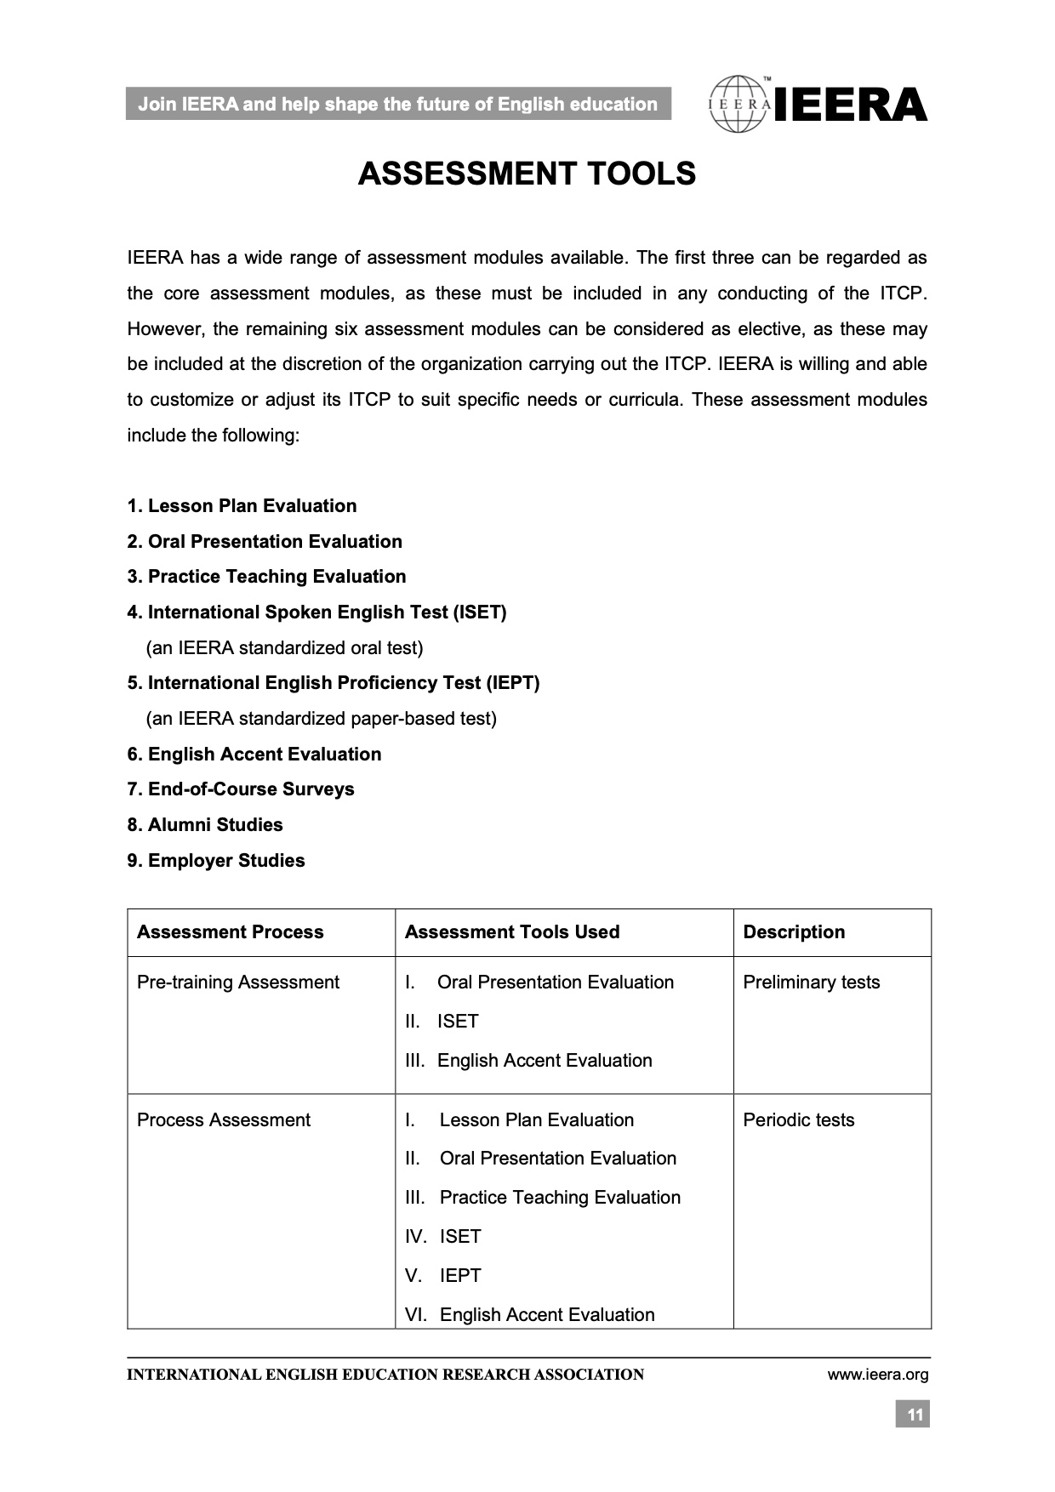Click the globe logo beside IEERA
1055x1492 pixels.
(738, 105)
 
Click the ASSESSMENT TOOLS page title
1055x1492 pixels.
(527, 174)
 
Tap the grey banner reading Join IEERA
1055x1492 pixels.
(397, 105)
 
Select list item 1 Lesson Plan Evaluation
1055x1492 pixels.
(242, 506)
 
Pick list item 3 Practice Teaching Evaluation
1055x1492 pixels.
(267, 577)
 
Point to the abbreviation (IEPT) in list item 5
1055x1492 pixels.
(513, 683)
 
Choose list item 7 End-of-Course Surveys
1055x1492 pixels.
(241, 789)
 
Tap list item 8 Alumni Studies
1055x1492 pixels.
(205, 825)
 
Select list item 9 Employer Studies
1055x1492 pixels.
(216, 861)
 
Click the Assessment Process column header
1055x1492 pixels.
(231, 932)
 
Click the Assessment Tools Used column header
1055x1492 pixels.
(512, 932)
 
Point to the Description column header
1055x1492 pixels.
(794, 932)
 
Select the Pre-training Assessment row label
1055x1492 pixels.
(238, 982)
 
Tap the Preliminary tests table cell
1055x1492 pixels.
(812, 982)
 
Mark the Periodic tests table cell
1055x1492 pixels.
(799, 1120)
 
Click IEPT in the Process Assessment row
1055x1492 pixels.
(460, 1276)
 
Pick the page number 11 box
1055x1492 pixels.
(913, 1415)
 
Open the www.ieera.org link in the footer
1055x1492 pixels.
(877, 1375)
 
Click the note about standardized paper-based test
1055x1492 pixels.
(322, 719)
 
